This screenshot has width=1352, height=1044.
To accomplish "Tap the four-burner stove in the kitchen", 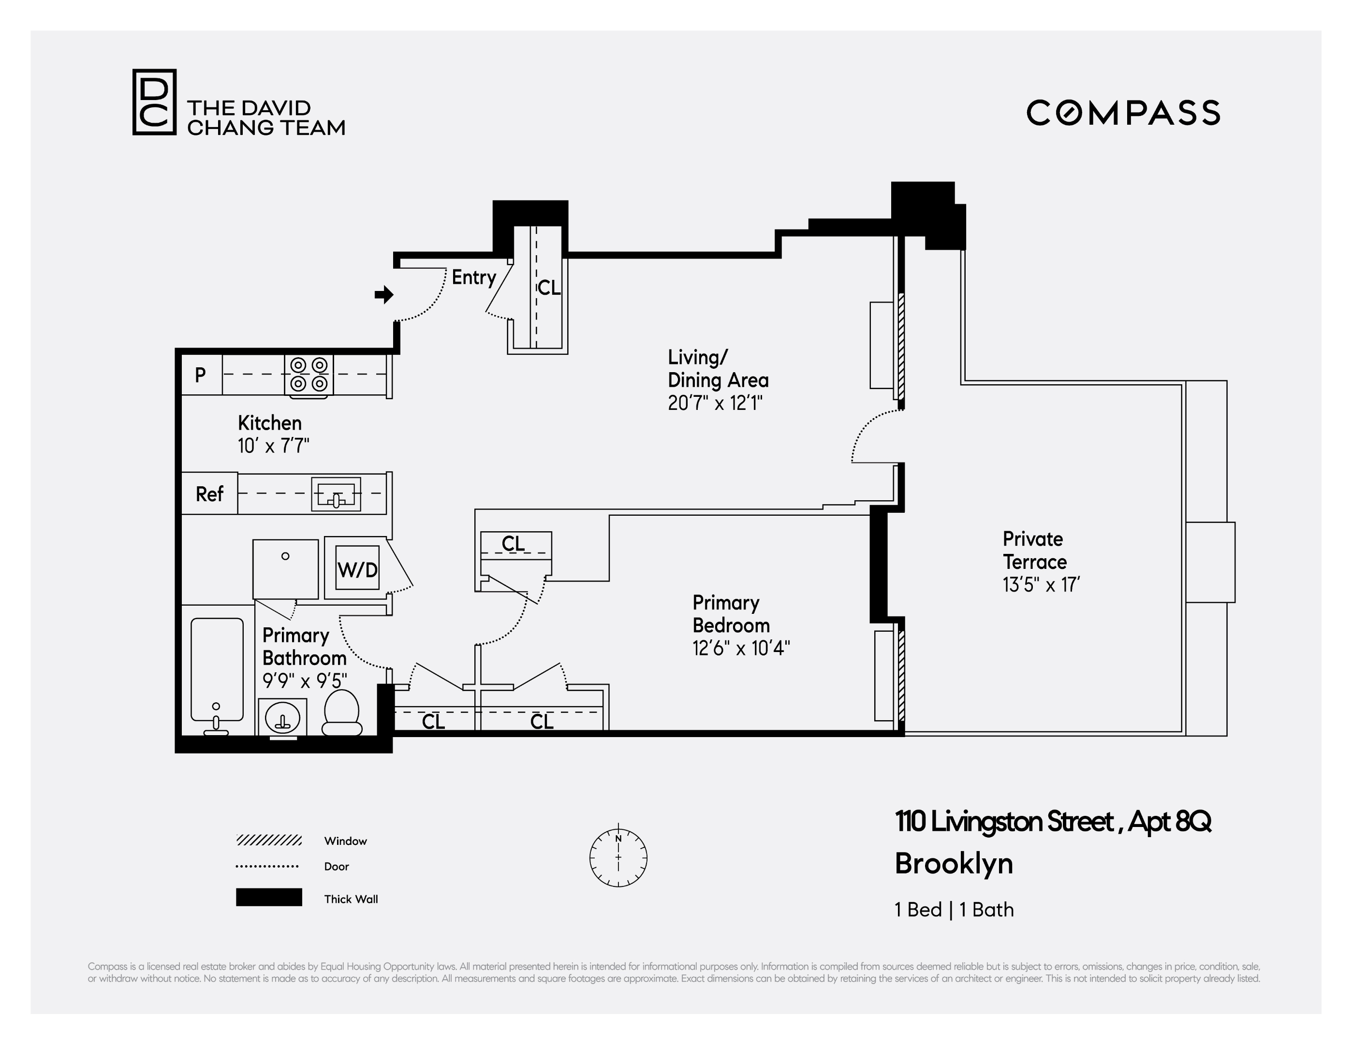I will pos(309,375).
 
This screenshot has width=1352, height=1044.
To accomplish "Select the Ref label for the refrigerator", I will pos(209,494).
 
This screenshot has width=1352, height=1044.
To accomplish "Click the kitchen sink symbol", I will pos(336,494).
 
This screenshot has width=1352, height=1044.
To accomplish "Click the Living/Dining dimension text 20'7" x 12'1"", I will pos(715,404).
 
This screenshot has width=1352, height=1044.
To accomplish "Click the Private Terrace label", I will pos(1034,550).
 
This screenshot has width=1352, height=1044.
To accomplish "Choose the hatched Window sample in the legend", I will pos(269,840).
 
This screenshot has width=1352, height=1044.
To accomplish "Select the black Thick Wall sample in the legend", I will pos(269,898).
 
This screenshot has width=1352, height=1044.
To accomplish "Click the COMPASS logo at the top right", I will pos(1123,113).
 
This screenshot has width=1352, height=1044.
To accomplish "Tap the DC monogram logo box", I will pos(154,102).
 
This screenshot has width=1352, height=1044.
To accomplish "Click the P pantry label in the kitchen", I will pos(200,375).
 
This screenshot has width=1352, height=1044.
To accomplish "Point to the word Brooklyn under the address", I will pos(954,863).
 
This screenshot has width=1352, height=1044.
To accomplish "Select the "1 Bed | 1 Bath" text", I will pos(954,909).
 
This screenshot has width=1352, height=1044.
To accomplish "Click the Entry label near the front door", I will pos(473,277).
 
